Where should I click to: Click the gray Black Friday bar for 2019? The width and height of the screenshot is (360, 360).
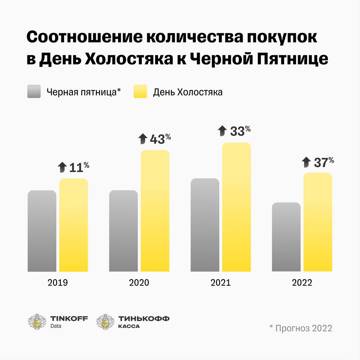coord(42,231)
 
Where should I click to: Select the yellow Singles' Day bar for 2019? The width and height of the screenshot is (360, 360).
coord(73,225)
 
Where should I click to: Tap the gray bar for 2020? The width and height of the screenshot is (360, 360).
coord(123,231)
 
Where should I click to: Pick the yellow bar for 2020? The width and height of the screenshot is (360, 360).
coord(155,211)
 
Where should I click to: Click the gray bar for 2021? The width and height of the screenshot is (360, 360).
coord(205,225)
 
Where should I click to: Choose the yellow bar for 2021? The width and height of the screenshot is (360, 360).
coord(236,207)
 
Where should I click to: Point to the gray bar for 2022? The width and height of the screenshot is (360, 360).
coord(286,237)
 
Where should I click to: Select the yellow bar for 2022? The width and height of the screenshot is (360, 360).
coord(318,222)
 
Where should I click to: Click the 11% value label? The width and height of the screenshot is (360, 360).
coord(79,167)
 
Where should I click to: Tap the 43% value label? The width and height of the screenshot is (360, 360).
coord(160,139)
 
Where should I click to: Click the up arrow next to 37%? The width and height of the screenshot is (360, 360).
coord(306,162)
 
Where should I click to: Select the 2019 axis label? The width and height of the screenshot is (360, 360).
coord(58,282)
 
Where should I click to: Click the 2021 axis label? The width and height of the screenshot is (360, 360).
coord(220,282)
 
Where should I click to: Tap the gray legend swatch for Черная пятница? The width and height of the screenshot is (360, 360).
coord(34,91)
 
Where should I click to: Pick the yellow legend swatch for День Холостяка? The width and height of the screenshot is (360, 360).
coord(140,91)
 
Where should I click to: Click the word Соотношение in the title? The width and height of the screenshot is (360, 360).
coord(84,37)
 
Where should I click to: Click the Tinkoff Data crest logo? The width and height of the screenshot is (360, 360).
coord(37,321)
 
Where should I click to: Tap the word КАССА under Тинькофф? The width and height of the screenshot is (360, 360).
coord(129,326)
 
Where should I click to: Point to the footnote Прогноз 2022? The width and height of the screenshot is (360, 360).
coord(303,328)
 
